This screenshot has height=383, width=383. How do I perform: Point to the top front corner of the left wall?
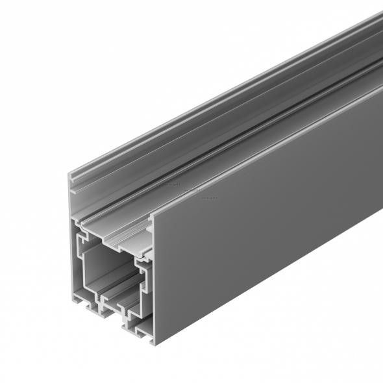(69, 173)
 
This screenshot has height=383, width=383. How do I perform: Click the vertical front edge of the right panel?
(153, 279)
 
